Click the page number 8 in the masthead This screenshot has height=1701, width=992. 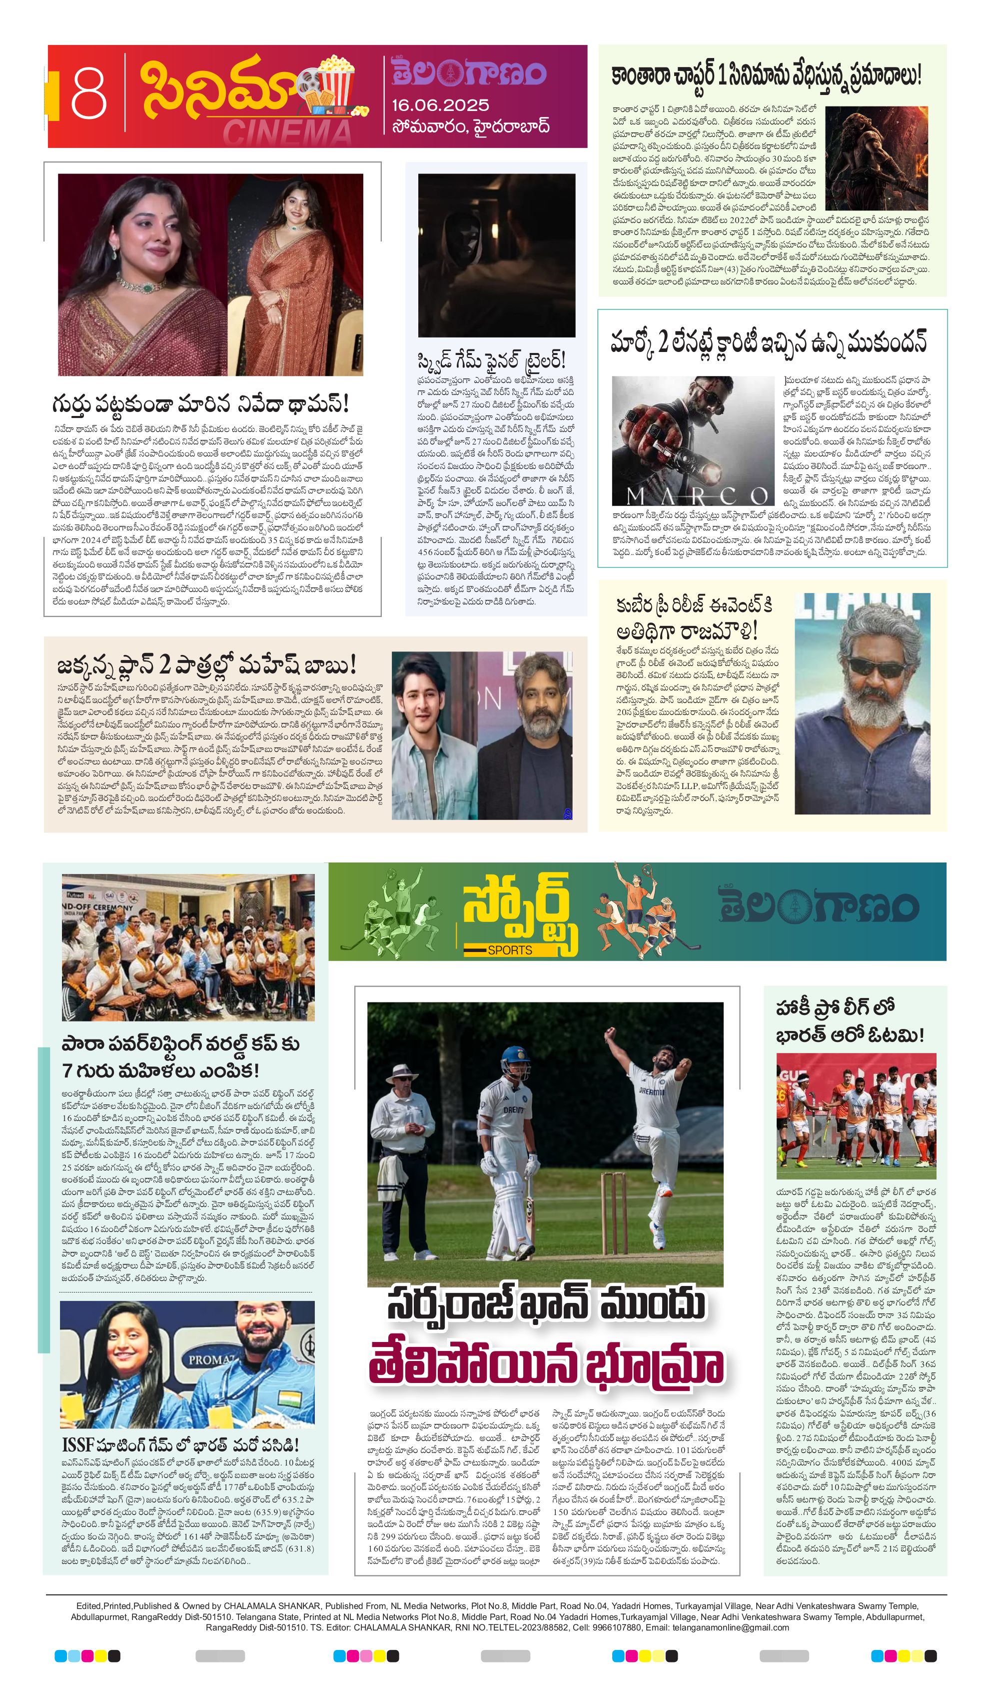[89, 95]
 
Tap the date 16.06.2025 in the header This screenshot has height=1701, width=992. [440, 105]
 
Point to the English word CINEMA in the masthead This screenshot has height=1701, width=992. [287, 132]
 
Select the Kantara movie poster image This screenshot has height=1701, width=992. [876, 157]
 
